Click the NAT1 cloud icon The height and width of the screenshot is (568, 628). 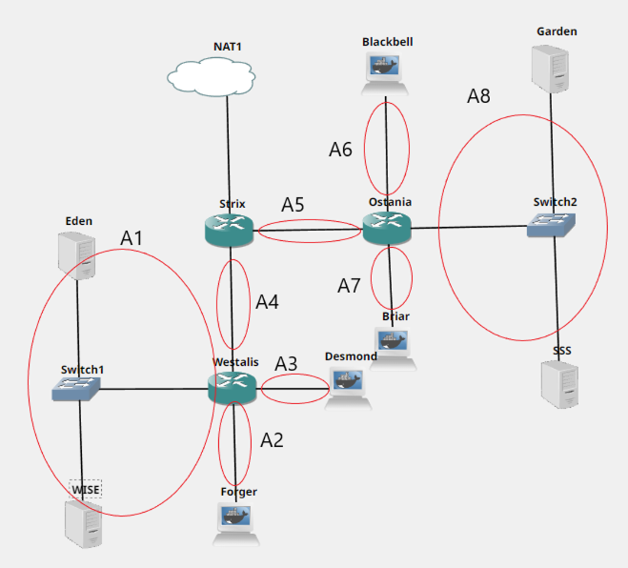(212, 76)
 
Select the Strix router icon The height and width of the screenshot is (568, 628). (229, 231)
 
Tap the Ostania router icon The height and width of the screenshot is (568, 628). (387, 228)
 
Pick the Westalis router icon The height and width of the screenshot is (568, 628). (233, 388)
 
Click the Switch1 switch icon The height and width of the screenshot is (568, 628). (76, 388)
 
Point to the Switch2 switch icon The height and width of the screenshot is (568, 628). (551, 225)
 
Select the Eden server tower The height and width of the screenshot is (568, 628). (76, 255)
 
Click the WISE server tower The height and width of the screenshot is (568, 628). (83, 524)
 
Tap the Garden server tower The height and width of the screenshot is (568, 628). (550, 69)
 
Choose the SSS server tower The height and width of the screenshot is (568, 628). (559, 384)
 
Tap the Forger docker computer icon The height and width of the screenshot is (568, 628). (236, 524)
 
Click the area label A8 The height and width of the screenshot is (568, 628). (478, 96)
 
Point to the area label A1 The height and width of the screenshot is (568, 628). (132, 238)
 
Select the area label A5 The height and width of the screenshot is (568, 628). (293, 205)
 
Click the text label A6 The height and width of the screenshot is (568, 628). (340, 150)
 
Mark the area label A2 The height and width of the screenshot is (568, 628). (272, 440)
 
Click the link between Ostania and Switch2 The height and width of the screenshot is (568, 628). (469, 227)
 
